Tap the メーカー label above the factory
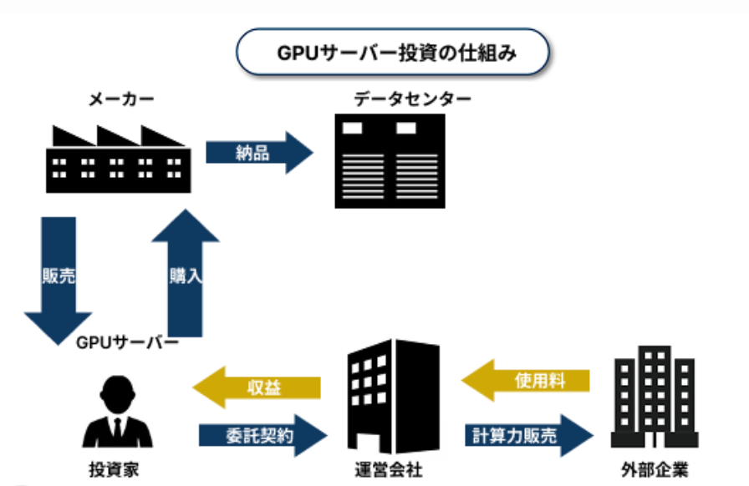(120, 100)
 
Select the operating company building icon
(393, 396)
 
